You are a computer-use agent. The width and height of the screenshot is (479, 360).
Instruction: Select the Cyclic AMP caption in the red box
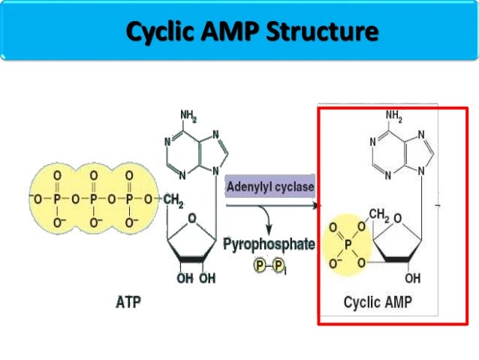pyautogui.click(x=381, y=303)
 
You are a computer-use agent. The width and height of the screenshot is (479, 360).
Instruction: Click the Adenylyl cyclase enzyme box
pyautogui.click(x=271, y=186)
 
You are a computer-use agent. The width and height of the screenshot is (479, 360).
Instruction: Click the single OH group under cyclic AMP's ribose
pyautogui.click(x=413, y=278)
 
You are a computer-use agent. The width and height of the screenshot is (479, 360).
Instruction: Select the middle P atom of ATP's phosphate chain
pyautogui.click(x=93, y=200)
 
